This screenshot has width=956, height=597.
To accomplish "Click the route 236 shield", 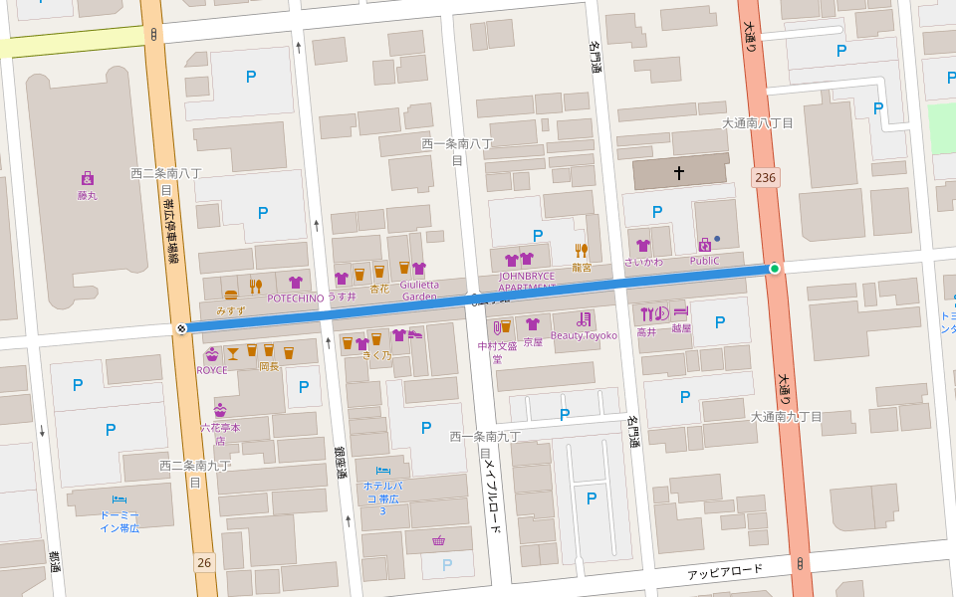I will click(765, 177).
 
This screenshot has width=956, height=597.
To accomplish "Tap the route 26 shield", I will click(204, 562).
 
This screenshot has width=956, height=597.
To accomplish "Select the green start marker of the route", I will click(775, 269).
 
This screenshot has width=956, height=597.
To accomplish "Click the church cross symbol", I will click(679, 173).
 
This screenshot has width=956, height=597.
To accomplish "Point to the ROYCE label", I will click(211, 370).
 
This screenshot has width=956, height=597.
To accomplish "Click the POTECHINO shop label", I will click(296, 298).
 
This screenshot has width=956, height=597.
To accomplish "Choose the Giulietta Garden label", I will click(419, 290).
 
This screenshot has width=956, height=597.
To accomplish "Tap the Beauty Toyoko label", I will click(584, 335).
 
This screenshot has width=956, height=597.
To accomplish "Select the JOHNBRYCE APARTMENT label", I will click(527, 282).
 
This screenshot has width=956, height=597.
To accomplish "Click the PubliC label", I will click(704, 261).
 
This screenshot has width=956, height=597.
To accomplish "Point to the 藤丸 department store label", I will click(88, 195).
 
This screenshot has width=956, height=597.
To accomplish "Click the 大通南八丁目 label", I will click(758, 123).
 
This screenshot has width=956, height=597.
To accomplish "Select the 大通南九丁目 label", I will click(787, 417).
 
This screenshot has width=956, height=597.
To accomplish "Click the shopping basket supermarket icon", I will click(438, 540).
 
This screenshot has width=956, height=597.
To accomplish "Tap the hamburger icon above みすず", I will click(231, 295).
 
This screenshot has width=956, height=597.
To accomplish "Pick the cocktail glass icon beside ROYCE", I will click(233, 352).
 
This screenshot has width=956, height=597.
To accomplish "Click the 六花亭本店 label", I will click(220, 433).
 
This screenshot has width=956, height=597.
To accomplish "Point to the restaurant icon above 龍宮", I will click(582, 251).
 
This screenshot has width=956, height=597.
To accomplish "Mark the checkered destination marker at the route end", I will click(181, 328).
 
